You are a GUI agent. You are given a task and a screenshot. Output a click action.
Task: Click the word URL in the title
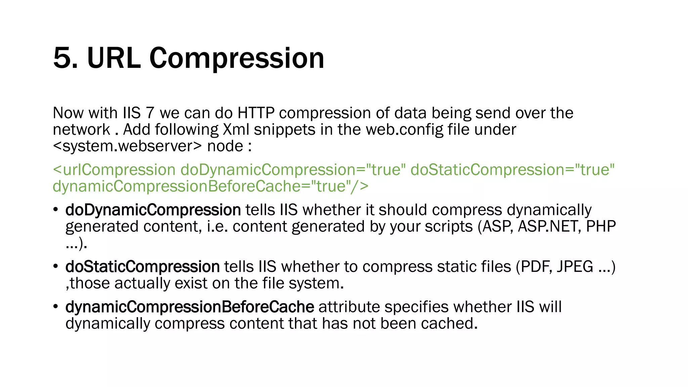tap(114, 58)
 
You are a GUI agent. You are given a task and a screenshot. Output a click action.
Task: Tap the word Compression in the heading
tap(236, 58)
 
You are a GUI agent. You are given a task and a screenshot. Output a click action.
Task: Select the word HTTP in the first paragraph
tap(256, 113)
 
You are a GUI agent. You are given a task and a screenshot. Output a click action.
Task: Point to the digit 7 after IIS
tap(150, 113)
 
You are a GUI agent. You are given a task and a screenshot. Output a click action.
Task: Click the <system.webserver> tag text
tap(127, 146)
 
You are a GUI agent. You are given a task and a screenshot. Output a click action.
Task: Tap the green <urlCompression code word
tap(114, 170)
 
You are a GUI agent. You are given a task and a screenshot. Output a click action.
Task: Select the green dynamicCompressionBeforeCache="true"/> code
tap(211, 186)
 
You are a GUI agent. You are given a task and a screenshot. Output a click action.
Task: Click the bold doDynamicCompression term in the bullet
tap(153, 210)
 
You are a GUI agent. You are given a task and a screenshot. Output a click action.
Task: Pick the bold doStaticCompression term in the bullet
tap(142, 267)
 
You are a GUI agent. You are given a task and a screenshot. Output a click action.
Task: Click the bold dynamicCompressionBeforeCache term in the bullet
tap(190, 307)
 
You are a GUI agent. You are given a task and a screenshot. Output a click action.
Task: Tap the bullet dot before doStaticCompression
tap(56, 267)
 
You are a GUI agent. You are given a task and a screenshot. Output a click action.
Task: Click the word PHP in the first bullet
tap(601, 226)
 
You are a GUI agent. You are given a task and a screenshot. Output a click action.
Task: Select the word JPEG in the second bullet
tap(575, 267)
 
